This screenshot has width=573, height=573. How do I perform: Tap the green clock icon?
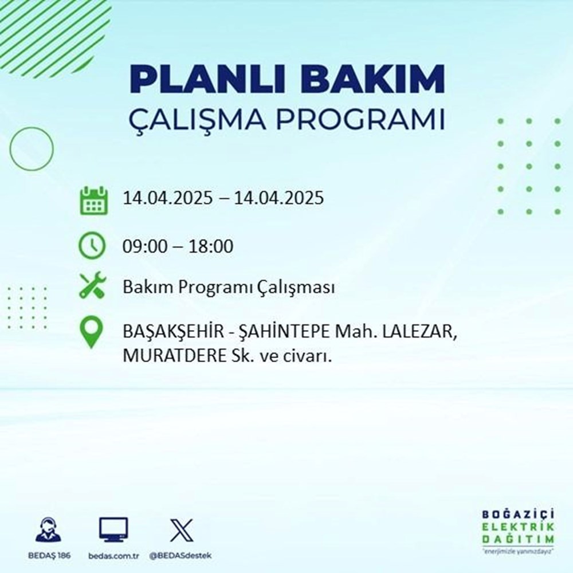[92, 247]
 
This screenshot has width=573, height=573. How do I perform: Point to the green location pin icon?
[92, 333]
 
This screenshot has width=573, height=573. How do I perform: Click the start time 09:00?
[142, 247]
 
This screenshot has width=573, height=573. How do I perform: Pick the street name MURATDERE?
[174, 356]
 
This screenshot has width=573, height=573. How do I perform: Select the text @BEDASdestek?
[181, 556]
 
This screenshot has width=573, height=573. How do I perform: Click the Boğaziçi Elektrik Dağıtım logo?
[518, 529]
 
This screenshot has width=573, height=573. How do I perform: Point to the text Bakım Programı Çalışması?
[229, 288]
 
